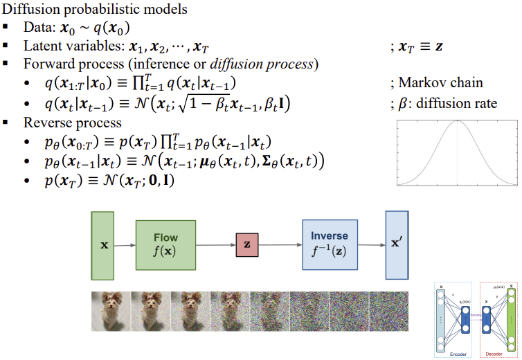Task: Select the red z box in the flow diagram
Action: (x=246, y=245)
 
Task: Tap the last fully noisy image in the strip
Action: (x=391, y=311)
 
